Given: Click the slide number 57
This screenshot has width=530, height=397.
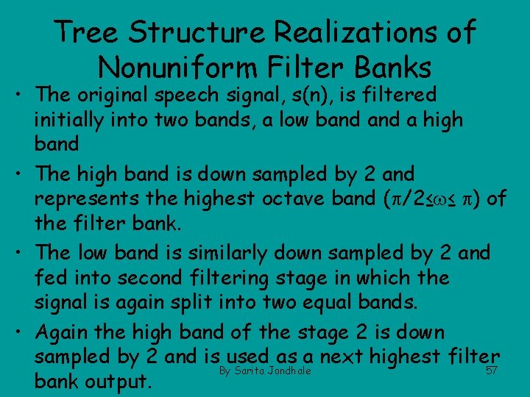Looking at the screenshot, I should click(x=492, y=371).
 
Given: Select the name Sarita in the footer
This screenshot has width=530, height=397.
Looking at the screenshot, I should click(x=250, y=371).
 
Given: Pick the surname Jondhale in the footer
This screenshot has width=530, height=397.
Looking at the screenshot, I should click(x=289, y=371).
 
